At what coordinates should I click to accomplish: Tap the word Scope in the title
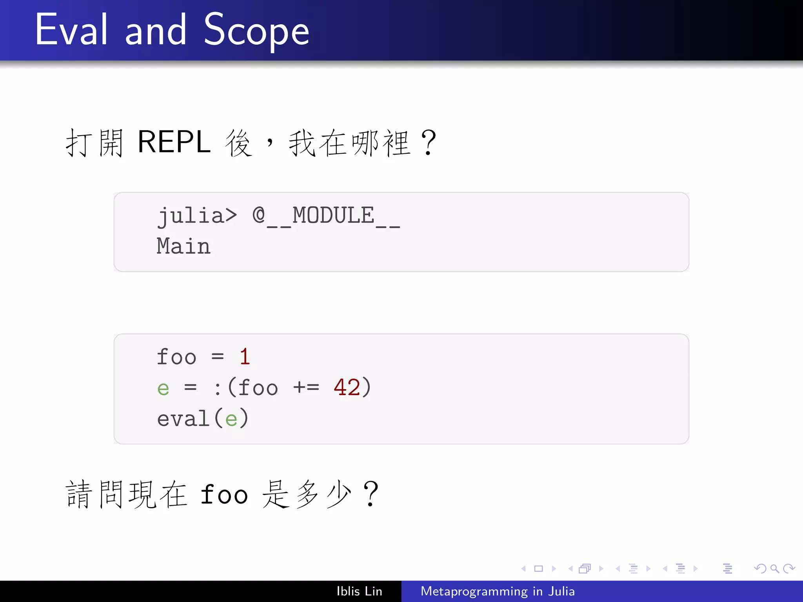click(256, 31)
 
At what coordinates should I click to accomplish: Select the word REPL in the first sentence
click(174, 142)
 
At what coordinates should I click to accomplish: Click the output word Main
click(183, 246)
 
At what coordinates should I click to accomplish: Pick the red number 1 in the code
click(245, 357)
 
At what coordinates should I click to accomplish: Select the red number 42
click(347, 387)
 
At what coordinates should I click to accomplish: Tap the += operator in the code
click(306, 387)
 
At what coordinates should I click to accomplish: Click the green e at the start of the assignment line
click(163, 388)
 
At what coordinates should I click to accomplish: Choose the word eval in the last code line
click(183, 418)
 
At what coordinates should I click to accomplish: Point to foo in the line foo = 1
click(176, 357)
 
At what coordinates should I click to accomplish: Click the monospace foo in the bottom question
click(224, 494)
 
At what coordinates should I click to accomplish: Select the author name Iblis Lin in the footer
click(359, 591)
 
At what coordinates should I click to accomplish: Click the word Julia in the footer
click(561, 591)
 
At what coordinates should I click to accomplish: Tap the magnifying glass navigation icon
click(774, 568)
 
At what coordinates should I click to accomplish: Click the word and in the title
click(155, 31)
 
